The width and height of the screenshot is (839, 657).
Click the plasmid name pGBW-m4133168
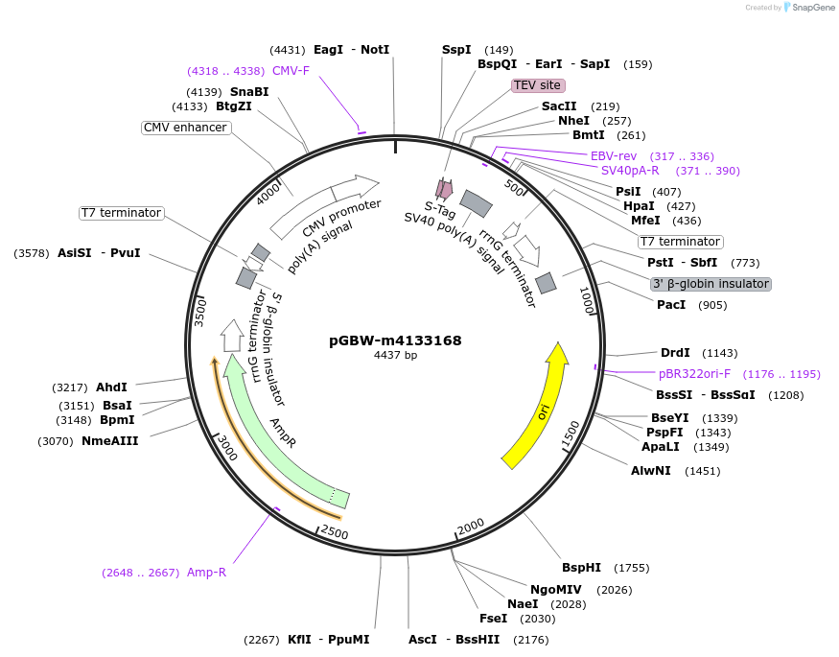pyautogui.click(x=395, y=340)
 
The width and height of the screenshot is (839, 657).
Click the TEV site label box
pyautogui.click(x=537, y=85)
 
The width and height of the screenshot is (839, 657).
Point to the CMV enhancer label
pyautogui.click(x=186, y=128)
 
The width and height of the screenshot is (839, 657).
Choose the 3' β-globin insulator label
pyautogui.click(x=711, y=284)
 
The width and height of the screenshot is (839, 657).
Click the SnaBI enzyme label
pyautogui.click(x=249, y=92)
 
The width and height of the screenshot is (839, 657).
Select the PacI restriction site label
pyautogui.click(x=671, y=305)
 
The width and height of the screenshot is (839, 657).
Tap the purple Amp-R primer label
pyautogui.click(x=206, y=573)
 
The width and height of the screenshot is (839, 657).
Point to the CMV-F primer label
pyautogui.click(x=291, y=71)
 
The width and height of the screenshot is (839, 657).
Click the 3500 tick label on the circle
pyautogui.click(x=200, y=313)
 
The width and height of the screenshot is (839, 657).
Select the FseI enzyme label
pyautogui.click(x=493, y=619)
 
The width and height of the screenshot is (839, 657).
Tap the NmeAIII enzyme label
pyautogui.click(x=109, y=441)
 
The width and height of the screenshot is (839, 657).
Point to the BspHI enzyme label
pyautogui.click(x=581, y=568)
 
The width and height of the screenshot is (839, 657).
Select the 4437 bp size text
pyautogui.click(x=395, y=356)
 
